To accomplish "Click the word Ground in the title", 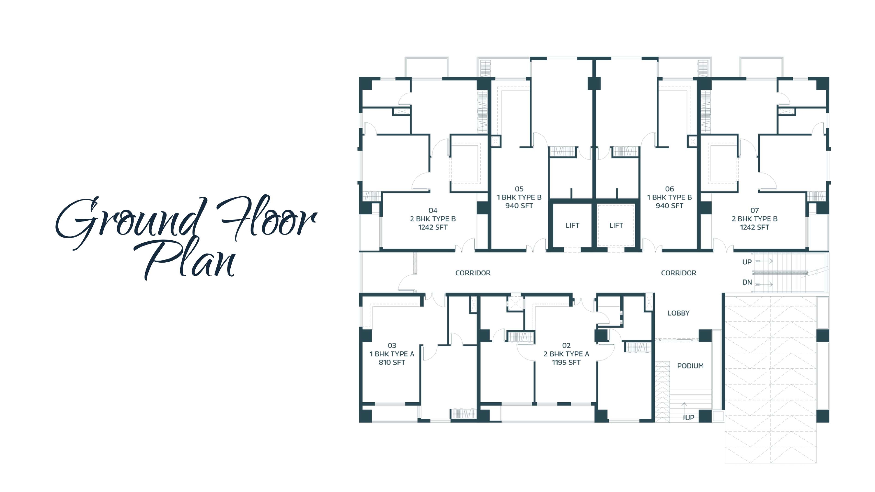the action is [131, 222].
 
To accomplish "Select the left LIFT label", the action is [572, 226].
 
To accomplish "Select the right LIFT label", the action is [616, 226].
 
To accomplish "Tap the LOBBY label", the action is [678, 313].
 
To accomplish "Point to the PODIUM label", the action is [690, 366].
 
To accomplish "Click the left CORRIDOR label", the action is [473, 273].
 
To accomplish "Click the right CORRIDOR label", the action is [678, 273].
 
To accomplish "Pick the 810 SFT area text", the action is [392, 362].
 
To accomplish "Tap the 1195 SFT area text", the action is [566, 362].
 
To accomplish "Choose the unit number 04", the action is [433, 210].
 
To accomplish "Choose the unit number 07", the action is [755, 210].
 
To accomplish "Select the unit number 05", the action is [519, 189].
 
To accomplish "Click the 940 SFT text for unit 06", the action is [669, 206].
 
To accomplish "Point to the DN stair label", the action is [747, 282].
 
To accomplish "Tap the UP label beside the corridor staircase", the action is [747, 262].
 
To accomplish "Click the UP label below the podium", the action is [689, 418].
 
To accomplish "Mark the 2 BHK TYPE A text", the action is [566, 354].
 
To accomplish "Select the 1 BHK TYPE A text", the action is [392, 354].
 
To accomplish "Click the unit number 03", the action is [392, 346].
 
